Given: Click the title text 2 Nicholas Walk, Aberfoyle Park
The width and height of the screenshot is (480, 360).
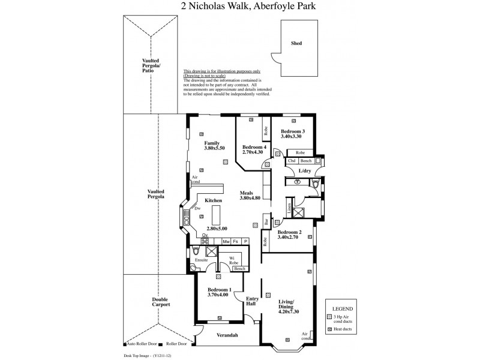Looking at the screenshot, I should pyautogui.click(x=239, y=7).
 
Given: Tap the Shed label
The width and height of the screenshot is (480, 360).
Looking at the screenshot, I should pyautogui.click(x=296, y=44).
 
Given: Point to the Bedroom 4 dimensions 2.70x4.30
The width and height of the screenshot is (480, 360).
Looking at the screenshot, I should pyautogui.click(x=253, y=152).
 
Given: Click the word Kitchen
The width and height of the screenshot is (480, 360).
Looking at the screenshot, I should pyautogui.click(x=214, y=200).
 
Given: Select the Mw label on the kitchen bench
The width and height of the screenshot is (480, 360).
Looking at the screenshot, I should pyautogui.click(x=226, y=241).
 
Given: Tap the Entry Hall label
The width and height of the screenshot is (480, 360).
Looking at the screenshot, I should pyautogui.click(x=251, y=301).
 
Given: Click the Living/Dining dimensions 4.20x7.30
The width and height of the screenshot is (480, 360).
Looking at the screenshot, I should pyautogui.click(x=289, y=311).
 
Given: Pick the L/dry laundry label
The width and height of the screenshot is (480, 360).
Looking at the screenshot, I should pyautogui.click(x=304, y=172).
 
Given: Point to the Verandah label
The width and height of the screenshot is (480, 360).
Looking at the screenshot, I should pyautogui.click(x=227, y=334).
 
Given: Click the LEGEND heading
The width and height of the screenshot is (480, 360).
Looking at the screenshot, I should pyautogui.click(x=340, y=305).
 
